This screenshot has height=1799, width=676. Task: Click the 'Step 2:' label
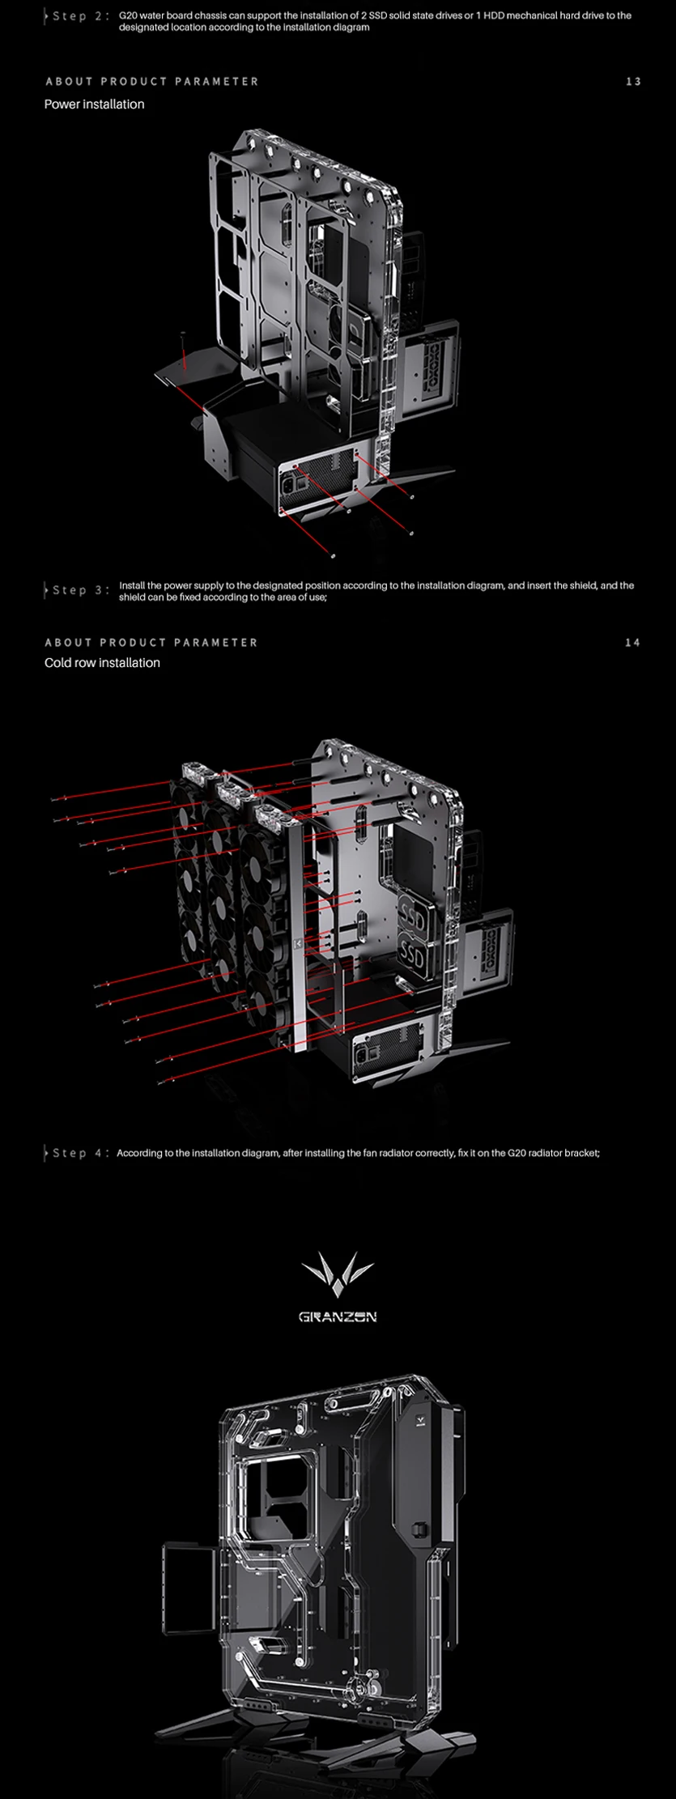[79, 16]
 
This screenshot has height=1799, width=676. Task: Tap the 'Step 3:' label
[79, 590]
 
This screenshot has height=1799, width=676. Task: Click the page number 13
[633, 82]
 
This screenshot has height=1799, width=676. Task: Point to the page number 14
[632, 643]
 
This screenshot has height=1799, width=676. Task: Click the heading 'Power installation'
[94, 104]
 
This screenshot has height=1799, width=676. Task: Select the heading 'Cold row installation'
[102, 663]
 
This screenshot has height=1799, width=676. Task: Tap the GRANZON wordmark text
[338, 1317]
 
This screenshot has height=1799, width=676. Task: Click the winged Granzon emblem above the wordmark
[337, 1274]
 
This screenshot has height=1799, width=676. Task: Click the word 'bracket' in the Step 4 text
[583, 1153]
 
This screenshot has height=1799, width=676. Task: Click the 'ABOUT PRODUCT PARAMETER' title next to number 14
[151, 643]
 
